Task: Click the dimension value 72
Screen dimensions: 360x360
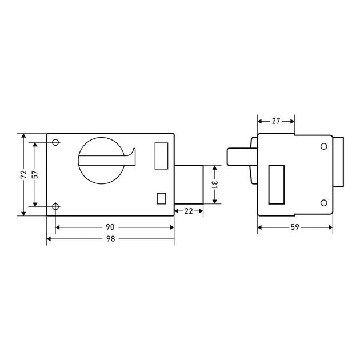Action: coord(23,174)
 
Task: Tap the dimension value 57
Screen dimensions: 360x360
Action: coord(35,174)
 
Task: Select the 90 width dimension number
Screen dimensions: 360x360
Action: coord(110,227)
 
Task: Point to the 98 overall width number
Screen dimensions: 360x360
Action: coord(110,239)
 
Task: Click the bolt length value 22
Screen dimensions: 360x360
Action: coord(189,211)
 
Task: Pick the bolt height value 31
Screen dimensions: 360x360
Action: coord(214,185)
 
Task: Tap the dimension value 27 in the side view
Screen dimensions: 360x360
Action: coord(276,121)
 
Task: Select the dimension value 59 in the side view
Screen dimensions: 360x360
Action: coord(295,227)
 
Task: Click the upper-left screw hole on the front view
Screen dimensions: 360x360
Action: coord(55,142)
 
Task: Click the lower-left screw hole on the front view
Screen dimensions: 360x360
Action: coord(55,206)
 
